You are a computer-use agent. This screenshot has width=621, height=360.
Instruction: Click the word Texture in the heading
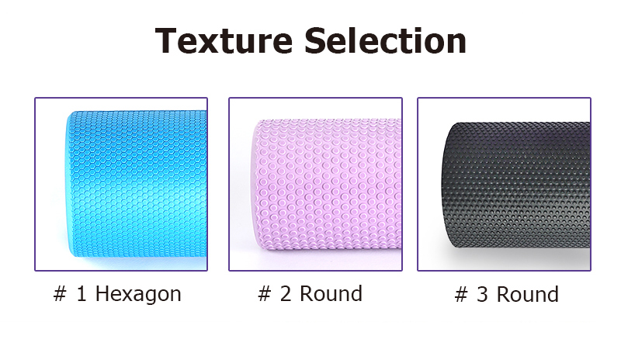224,40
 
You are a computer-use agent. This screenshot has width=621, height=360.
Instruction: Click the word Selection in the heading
385,40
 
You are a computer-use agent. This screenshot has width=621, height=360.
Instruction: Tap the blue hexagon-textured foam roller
136,184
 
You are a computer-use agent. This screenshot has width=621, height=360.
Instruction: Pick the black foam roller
515,185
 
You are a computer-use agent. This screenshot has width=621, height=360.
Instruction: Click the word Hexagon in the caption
138,294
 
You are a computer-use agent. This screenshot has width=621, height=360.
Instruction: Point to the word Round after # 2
331,294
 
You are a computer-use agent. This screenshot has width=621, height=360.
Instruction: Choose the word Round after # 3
528,295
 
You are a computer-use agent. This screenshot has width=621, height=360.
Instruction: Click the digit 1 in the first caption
82,294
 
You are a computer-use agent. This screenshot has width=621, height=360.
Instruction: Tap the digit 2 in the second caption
285,294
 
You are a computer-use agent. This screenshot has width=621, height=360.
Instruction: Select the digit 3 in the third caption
482,295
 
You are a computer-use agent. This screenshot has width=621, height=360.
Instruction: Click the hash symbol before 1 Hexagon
60,294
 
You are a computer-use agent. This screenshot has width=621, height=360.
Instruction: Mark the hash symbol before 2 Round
265,294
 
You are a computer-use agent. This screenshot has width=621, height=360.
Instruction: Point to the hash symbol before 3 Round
461,295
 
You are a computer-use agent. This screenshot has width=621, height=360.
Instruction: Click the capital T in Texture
166,40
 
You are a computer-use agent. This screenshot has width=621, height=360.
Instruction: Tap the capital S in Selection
314,40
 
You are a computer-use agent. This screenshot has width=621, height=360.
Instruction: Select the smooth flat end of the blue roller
68,184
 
